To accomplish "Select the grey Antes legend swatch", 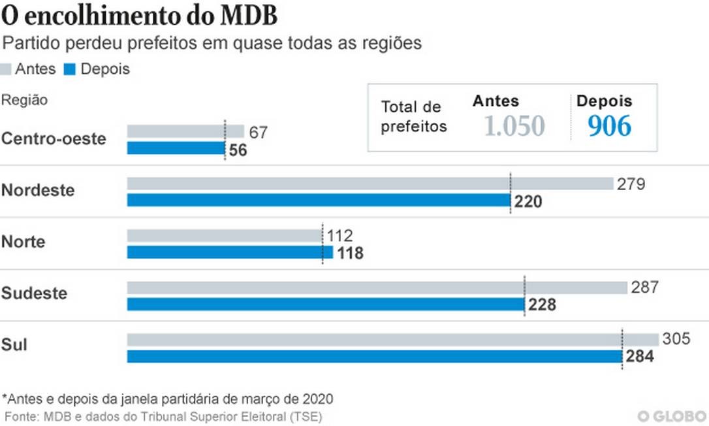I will pos(7,69).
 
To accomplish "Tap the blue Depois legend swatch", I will pos(70,69).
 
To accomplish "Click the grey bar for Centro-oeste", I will pos(185,131).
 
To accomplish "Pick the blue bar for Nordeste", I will pos(318,200).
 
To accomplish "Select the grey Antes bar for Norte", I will pos(224,235).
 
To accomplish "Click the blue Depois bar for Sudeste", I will pos(325,304).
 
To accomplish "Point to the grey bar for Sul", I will pos(392,340).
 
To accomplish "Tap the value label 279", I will pos(631,184).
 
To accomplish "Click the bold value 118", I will pos(350,254).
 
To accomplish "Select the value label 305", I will pos(676,338).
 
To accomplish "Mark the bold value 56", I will pos(238,150).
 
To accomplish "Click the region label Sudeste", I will pos(34,293).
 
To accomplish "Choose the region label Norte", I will pos(24,242).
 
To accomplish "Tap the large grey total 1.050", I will pos(514,126).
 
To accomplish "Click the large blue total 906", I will pos(609,126).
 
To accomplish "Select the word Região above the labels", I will pos(25,100).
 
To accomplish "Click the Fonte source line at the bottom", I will pos(163,416).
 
